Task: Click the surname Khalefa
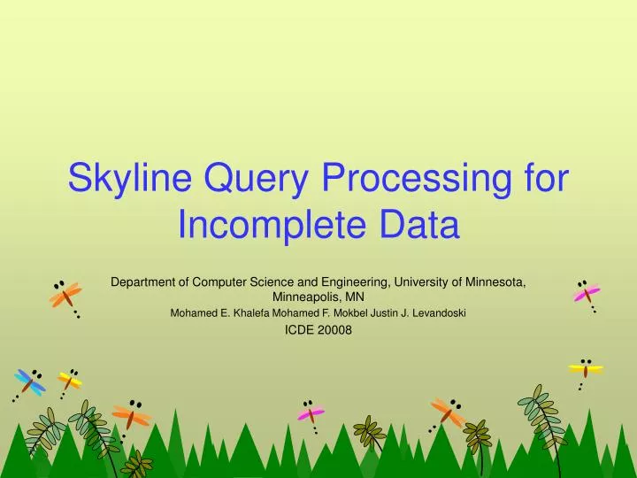click(248, 312)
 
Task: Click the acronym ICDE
click(302, 330)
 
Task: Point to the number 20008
click(335, 330)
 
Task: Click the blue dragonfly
click(30, 382)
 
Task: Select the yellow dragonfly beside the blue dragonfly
click(69, 381)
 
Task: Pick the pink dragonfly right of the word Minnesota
click(586, 293)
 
